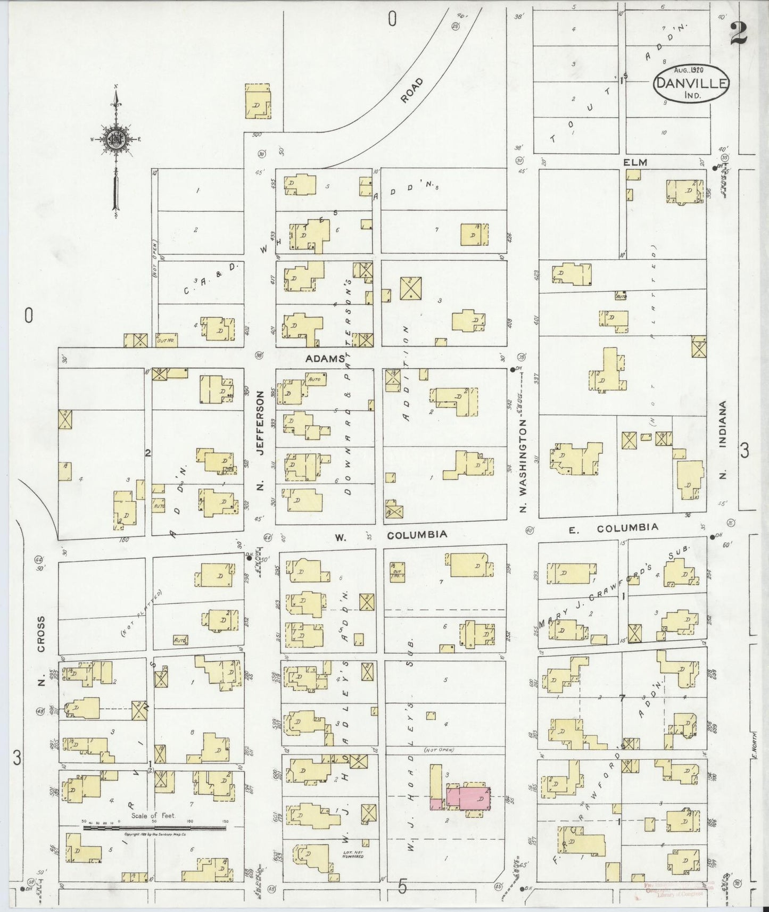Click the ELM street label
[635, 162]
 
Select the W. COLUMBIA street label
[391, 535]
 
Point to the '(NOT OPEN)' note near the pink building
[439, 750]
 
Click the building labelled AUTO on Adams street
[315, 379]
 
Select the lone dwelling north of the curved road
[258, 102]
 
